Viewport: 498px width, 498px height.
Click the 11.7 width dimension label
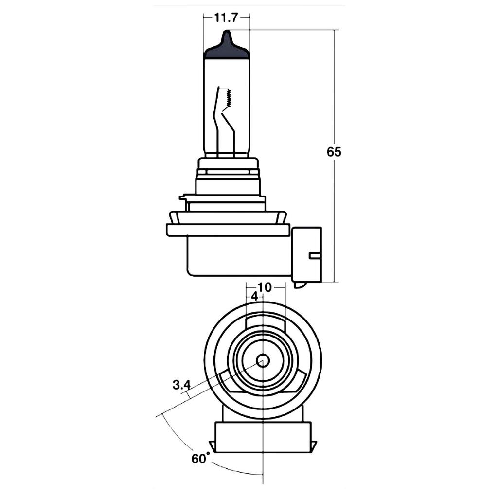pos(225,18)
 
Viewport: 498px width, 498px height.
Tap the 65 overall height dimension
pos(334,152)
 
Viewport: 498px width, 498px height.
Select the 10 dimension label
pos(264,287)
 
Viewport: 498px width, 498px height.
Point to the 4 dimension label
pos(254,296)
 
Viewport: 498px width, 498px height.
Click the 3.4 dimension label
pos(181,385)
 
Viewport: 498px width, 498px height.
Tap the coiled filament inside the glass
pos(227,100)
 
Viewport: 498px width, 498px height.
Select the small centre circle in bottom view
pos(263,360)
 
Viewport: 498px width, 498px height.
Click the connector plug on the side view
pos(306,254)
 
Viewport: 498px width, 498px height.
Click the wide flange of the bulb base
pos(228,230)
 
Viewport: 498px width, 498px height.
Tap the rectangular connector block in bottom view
pos(263,437)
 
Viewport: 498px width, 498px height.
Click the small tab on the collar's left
pos(183,197)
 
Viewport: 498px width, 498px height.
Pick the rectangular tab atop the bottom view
pos(265,321)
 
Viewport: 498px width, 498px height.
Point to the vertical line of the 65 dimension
pos(335,219)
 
